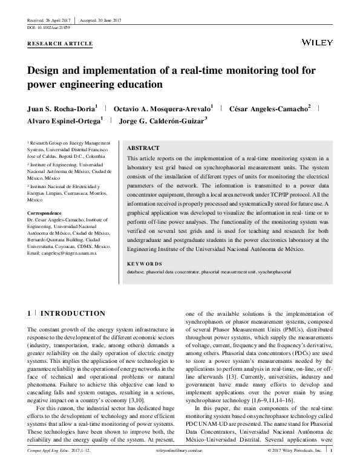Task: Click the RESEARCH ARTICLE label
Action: coord(61,44)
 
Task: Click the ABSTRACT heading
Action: coord(143,148)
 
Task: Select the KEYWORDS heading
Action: coord(145,264)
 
